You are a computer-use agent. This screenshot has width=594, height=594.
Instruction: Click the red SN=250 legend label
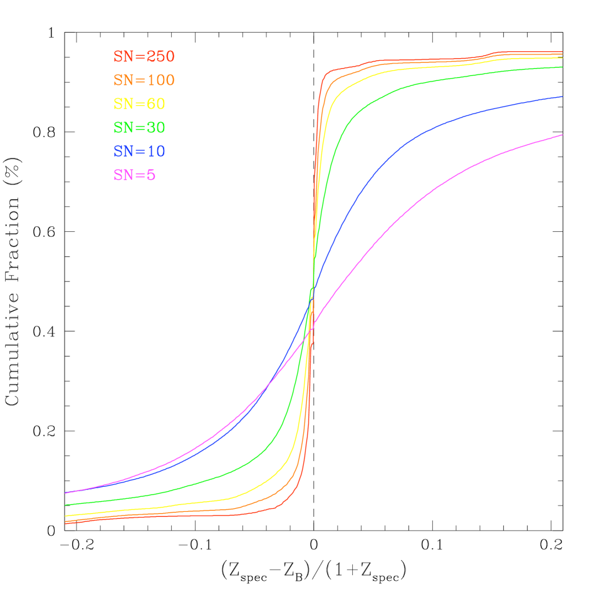[x=143, y=56]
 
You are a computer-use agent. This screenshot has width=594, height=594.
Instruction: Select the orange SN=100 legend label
[x=143, y=80]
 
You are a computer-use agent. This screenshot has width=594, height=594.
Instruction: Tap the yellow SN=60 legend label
[x=139, y=104]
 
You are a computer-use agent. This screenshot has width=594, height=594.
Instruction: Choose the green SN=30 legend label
[x=139, y=128]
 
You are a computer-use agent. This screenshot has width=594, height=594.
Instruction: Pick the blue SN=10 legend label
[x=139, y=152]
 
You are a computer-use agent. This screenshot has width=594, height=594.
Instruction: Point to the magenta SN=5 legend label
[x=134, y=175]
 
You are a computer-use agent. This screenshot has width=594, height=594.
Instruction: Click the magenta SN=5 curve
[x=439, y=187]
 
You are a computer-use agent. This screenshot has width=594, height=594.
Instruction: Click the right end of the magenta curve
[x=562, y=135]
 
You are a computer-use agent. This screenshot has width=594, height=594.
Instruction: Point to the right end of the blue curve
[x=562, y=96]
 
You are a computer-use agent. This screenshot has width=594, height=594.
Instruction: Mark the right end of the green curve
[x=562, y=67]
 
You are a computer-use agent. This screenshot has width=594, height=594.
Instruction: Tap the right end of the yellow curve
[x=562, y=58]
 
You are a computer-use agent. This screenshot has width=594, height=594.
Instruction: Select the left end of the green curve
[x=66, y=505]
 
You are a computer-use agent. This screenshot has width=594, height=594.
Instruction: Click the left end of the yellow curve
[x=66, y=516]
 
